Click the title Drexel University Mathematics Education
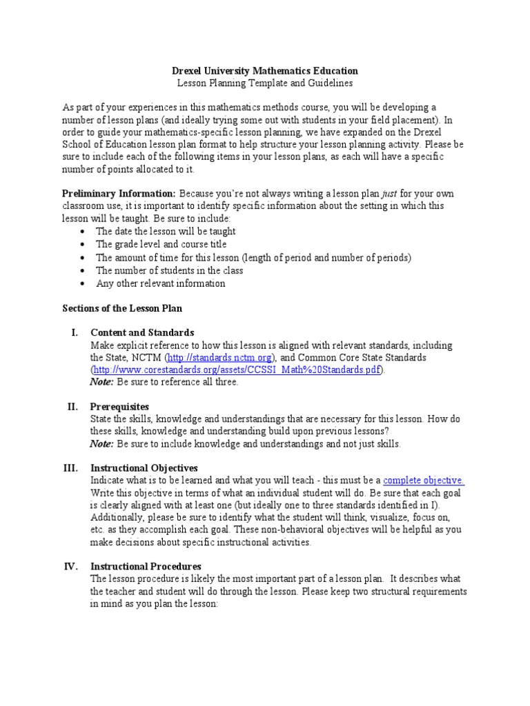[x=264, y=70]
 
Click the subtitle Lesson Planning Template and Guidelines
[x=264, y=83]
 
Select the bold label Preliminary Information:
[x=119, y=194]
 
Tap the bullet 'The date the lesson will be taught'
[x=165, y=232]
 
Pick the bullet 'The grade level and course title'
[x=161, y=245]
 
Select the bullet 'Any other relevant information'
[x=160, y=283]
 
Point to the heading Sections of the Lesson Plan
[x=122, y=308]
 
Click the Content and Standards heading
[x=142, y=332]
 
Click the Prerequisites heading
[x=119, y=407]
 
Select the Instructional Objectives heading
[x=144, y=467]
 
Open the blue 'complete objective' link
[x=423, y=481]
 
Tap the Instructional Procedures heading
[x=146, y=567]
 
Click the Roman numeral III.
[x=70, y=467]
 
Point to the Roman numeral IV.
[x=70, y=567]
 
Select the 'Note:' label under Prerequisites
[x=102, y=444]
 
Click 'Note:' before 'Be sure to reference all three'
[x=102, y=382]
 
